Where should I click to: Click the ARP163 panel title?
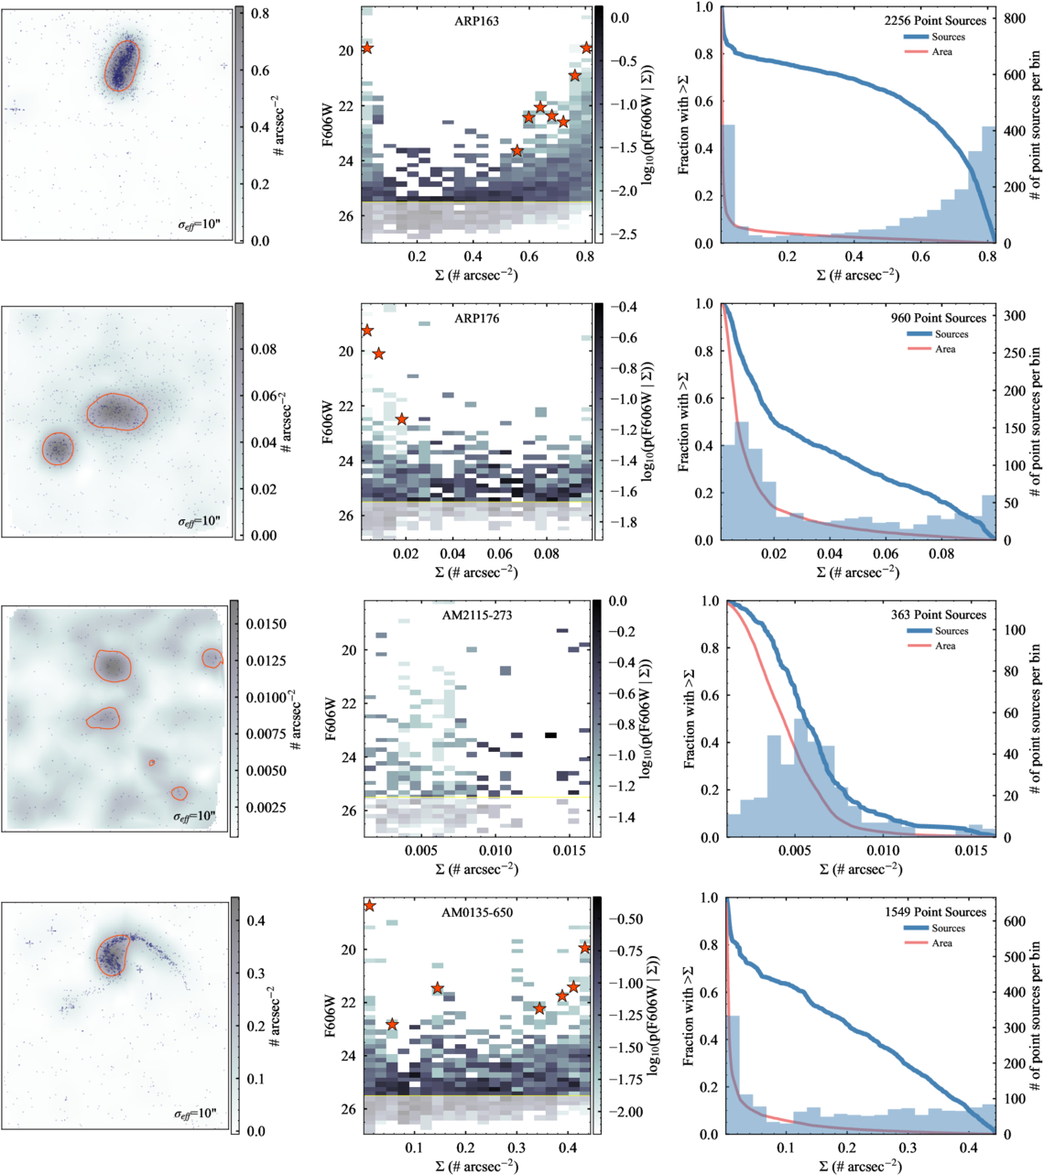[476, 20]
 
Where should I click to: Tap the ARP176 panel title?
[476, 319]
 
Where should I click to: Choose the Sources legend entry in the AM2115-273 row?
[951, 631]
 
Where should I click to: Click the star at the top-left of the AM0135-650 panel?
[369, 906]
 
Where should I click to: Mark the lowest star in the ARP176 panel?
[401, 419]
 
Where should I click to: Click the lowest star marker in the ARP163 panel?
[517, 150]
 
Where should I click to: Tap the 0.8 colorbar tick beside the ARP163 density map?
[260, 15]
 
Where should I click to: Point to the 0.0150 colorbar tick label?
[266, 624]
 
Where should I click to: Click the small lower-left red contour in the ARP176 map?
[57, 449]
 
